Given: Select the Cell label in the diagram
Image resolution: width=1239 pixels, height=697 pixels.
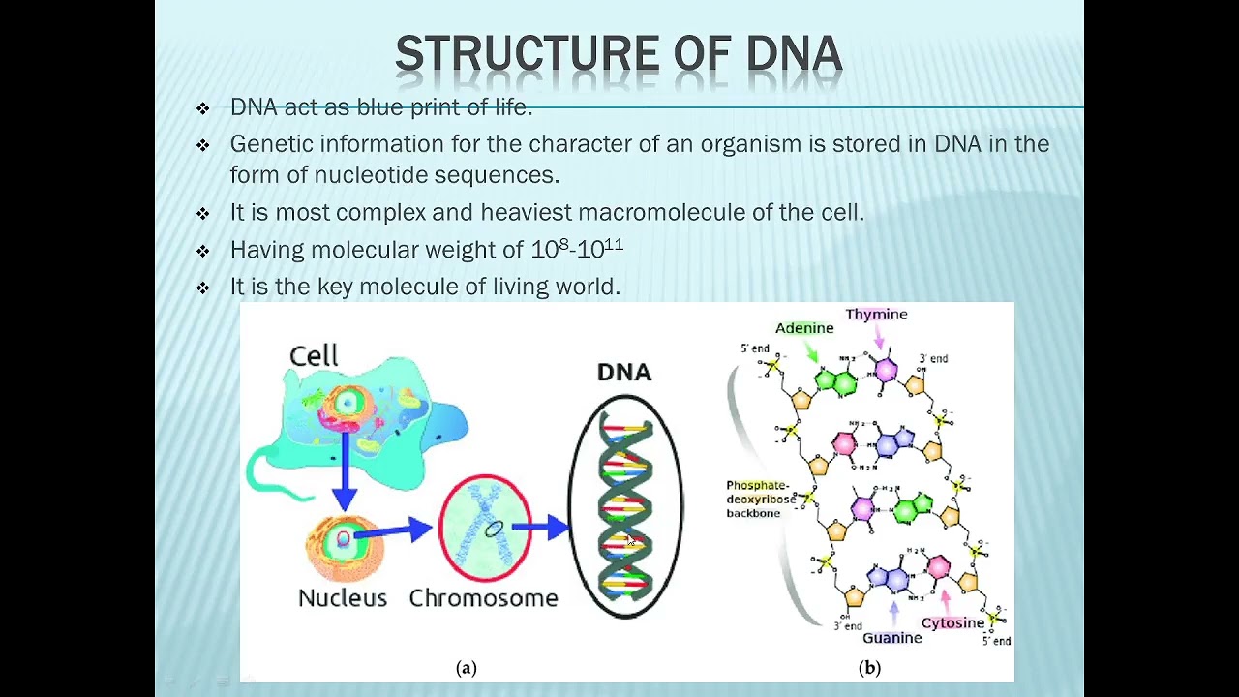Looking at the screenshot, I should [x=314, y=356].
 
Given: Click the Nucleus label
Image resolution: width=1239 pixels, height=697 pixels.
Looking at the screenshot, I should [x=343, y=598].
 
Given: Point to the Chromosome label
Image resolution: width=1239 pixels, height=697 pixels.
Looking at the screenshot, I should [x=483, y=598].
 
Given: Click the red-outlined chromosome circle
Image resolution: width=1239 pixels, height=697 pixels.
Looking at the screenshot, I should [x=485, y=528].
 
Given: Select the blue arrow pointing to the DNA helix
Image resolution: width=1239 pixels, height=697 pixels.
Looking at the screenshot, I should [x=542, y=528].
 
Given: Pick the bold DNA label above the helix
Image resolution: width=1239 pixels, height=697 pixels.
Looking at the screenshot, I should [x=624, y=373].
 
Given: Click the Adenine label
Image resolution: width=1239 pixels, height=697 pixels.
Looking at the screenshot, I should [x=804, y=328].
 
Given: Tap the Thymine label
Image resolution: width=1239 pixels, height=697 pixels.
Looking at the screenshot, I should [x=876, y=315].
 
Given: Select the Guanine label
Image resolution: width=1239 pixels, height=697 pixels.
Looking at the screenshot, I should [x=891, y=638].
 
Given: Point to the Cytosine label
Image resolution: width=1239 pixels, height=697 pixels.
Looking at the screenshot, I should [x=952, y=622].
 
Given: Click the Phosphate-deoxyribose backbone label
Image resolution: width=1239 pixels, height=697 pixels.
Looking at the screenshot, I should [x=760, y=499].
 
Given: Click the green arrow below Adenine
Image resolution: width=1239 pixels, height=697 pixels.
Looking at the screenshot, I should [x=812, y=351].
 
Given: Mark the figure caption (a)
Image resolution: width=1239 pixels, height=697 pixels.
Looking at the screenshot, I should [x=466, y=667].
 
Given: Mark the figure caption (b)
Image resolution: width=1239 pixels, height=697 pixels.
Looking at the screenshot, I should [x=869, y=667].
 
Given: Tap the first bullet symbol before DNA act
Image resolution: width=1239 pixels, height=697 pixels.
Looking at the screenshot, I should [x=202, y=108].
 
